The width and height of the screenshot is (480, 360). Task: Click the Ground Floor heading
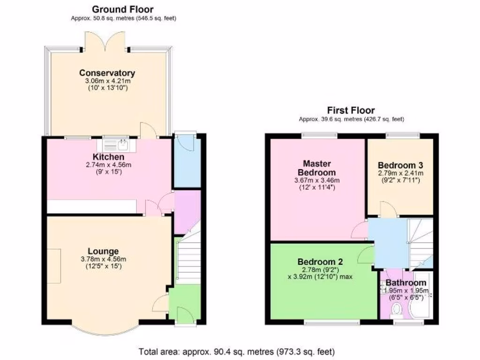pyautogui.click(x=122, y=9)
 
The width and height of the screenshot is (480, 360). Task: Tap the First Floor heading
pyautogui.click(x=351, y=110)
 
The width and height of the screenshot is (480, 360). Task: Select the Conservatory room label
pyautogui.click(x=107, y=73)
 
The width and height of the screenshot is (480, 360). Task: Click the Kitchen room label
pyautogui.click(x=108, y=157)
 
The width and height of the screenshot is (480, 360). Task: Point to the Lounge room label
pyautogui.click(x=104, y=251)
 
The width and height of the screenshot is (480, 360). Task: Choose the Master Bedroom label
pyautogui.click(x=317, y=168)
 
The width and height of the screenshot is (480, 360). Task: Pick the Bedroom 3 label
pyautogui.click(x=400, y=165)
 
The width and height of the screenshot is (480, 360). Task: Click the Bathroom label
pyautogui.click(x=406, y=283)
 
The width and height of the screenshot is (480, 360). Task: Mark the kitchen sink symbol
pyautogui.click(x=123, y=143)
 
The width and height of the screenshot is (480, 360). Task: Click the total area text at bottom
pyautogui.click(x=237, y=351)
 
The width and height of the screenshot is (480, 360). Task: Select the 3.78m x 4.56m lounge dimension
pyautogui.click(x=104, y=259)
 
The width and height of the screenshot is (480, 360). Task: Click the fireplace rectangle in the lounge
pyautogui.click(x=53, y=266)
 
